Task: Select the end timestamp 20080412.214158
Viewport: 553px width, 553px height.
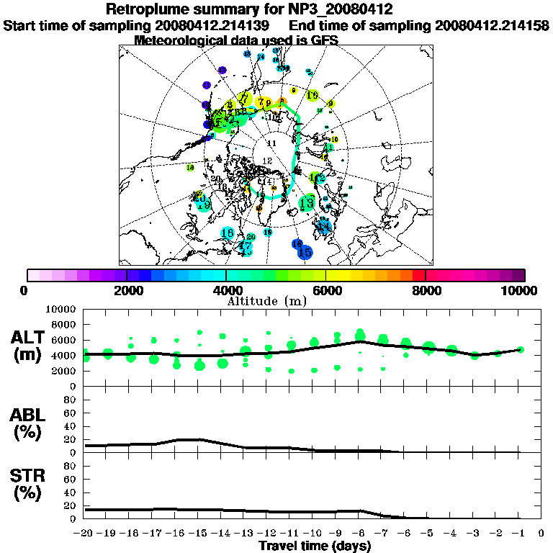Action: pyautogui.click(x=493, y=25)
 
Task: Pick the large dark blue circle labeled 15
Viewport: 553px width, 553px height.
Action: pyautogui.click(x=305, y=253)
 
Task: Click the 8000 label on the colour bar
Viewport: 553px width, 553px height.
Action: pyautogui.click(x=425, y=290)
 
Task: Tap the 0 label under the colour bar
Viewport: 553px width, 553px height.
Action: pyautogui.click(x=25, y=290)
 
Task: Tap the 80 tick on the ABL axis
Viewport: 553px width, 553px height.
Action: pyautogui.click(x=70, y=399)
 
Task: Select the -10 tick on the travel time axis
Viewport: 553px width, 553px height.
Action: pyautogui.click(x=313, y=534)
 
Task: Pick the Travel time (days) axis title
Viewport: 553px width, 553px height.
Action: pyautogui.click(x=315, y=546)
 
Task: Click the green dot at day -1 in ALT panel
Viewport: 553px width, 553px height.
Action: pyautogui.click(x=520, y=350)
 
